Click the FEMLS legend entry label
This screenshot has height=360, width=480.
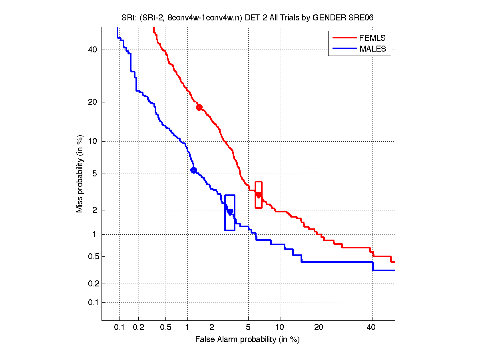pyautogui.click(x=372, y=38)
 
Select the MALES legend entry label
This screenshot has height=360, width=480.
pyautogui.click(x=373, y=49)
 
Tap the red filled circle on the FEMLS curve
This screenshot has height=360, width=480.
pyautogui.click(x=199, y=107)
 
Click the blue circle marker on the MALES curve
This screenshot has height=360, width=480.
pyautogui.click(x=193, y=170)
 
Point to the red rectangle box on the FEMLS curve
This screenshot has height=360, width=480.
pyautogui.click(x=259, y=195)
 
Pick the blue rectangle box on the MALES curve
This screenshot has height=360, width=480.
pyautogui.click(x=230, y=212)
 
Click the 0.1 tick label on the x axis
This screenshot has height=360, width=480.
pyautogui.click(x=120, y=328)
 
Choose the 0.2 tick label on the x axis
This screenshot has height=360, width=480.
pyautogui.click(x=139, y=328)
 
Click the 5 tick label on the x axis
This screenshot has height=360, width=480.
pyautogui.click(x=248, y=328)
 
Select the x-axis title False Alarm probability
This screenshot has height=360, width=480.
pyautogui.click(x=247, y=340)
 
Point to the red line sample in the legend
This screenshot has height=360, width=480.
pyautogui.click(x=344, y=38)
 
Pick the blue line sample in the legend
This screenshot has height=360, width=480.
pyautogui.click(x=344, y=49)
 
